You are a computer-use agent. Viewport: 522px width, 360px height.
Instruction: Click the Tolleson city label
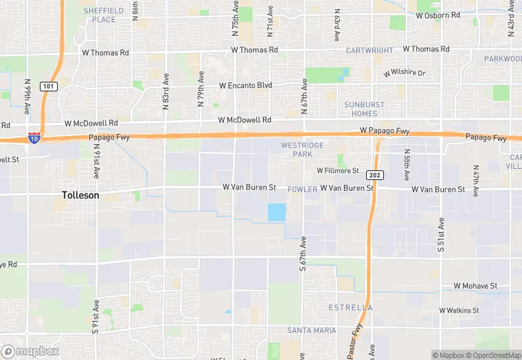tap(80, 195)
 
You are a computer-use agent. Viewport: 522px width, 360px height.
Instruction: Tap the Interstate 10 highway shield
tap(34, 138)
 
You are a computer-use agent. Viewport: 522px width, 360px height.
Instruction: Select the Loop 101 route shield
tap(48, 86)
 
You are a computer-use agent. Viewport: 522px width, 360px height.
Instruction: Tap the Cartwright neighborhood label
tap(369, 50)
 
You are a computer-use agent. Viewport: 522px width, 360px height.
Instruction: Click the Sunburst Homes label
tap(360, 109)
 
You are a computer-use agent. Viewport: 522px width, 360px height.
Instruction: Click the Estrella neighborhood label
tap(350, 307)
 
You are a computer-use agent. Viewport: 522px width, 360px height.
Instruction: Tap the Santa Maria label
tap(311, 330)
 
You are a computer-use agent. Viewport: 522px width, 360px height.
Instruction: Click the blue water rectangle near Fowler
tap(276, 212)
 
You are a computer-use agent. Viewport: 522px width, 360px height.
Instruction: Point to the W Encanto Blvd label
tap(245, 85)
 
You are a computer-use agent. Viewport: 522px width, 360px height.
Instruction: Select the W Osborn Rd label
tap(438, 15)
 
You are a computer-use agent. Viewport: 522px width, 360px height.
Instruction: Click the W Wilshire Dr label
tap(405, 73)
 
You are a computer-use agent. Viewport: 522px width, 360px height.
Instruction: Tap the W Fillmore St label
tap(337, 170)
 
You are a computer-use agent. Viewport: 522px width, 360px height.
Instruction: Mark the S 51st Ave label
tap(441, 236)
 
